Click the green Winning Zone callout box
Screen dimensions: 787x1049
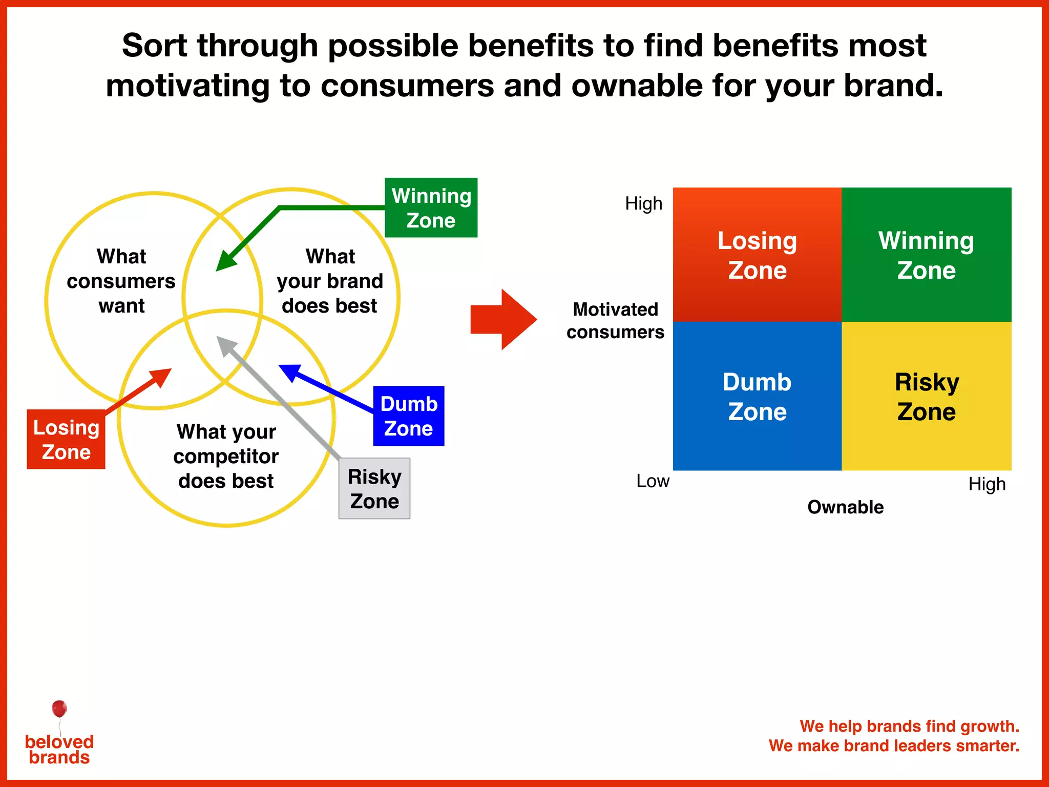click(x=431, y=208)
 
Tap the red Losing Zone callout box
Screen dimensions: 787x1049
click(x=66, y=439)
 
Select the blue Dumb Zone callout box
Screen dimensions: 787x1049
click(x=409, y=416)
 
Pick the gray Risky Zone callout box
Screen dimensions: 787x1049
click(x=374, y=488)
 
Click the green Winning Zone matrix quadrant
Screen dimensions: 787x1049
click(x=926, y=255)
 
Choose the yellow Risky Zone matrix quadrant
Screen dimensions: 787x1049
click(x=926, y=396)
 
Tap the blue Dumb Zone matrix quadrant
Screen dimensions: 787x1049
click(x=757, y=396)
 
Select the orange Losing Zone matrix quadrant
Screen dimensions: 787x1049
click(x=757, y=255)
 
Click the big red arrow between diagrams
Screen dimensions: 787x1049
click(x=504, y=320)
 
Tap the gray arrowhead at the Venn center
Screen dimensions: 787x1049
click(x=226, y=345)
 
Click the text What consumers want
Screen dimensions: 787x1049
click(x=121, y=281)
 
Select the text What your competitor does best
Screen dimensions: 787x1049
click(x=226, y=456)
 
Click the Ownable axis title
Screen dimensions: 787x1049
click(x=845, y=507)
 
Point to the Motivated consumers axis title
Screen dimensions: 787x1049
click(x=615, y=320)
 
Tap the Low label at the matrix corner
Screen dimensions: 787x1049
click(x=653, y=481)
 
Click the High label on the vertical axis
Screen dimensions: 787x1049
click(x=643, y=203)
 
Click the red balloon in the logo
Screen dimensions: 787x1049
click(x=59, y=709)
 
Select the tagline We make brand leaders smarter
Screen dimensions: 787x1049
click(x=894, y=745)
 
